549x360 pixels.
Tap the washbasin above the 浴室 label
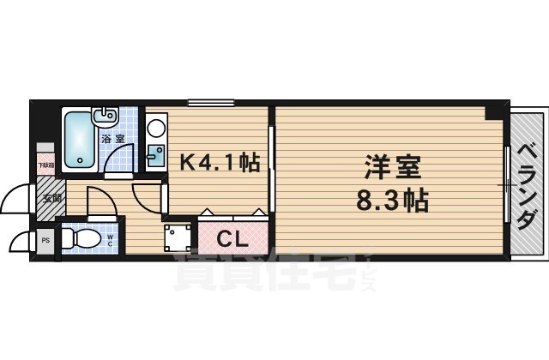coord(107,115)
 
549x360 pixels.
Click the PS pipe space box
coord(45,241)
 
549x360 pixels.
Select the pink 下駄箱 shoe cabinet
coord(44,163)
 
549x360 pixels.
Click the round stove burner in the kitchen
coord(156,129)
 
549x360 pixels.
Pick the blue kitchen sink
coord(155,155)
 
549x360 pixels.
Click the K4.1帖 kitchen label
coord(219,161)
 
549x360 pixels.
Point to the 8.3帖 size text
coord(390,204)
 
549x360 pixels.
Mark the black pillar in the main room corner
coord(492,112)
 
